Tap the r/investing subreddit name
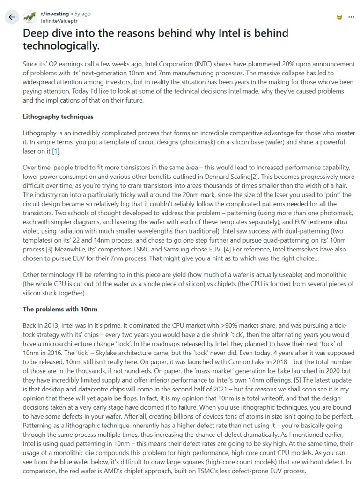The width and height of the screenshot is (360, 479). [55, 14]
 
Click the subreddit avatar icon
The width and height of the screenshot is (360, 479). [30, 17]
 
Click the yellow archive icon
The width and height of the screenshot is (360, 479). [339, 17]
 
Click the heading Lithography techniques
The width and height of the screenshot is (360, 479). [58, 117]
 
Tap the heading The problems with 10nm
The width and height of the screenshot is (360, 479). [60, 310]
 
